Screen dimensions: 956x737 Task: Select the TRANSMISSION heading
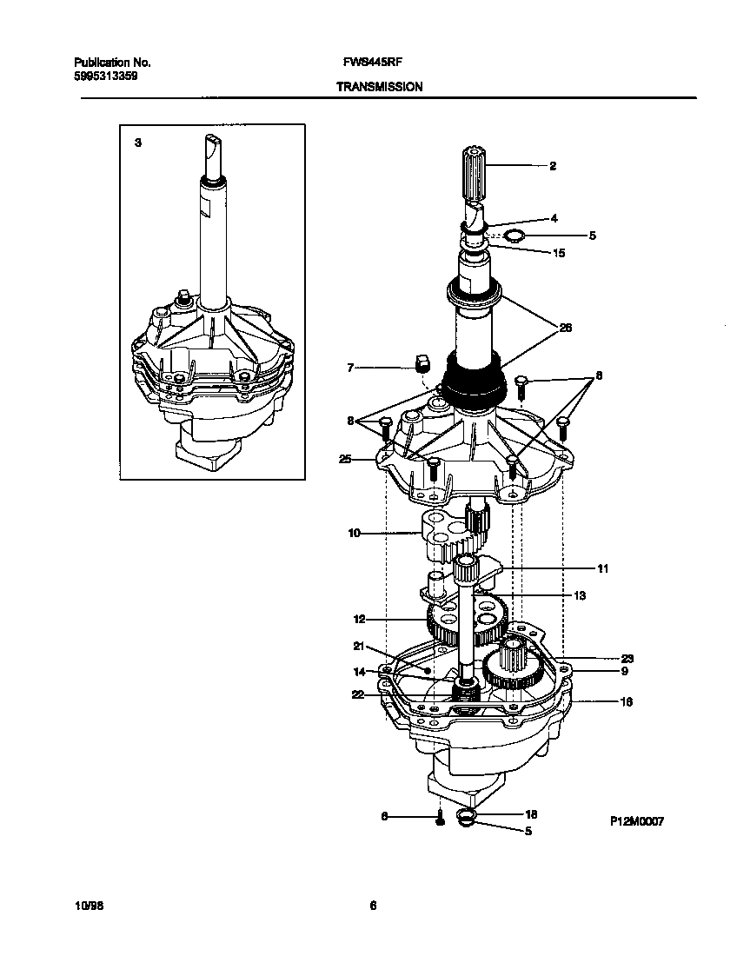[379, 87]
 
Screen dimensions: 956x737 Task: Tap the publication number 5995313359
[105, 76]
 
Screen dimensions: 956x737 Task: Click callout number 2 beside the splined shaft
[552, 165]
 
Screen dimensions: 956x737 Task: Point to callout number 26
[565, 328]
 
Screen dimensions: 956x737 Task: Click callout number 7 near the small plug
[350, 368]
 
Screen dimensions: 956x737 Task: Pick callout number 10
[354, 533]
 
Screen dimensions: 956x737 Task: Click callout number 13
[580, 596]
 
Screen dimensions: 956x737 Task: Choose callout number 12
[359, 620]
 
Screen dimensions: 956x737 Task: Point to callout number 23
[602, 658]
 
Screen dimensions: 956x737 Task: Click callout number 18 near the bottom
[532, 814]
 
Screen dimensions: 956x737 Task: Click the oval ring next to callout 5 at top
[514, 235]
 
